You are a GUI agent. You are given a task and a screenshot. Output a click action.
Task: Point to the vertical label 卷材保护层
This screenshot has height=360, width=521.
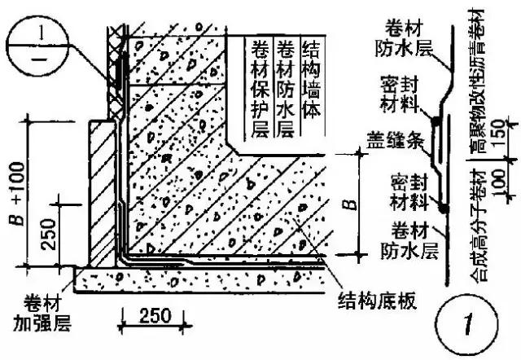click(x=262, y=88)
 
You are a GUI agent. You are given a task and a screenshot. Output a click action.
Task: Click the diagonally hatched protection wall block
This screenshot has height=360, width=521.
click(x=101, y=191)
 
